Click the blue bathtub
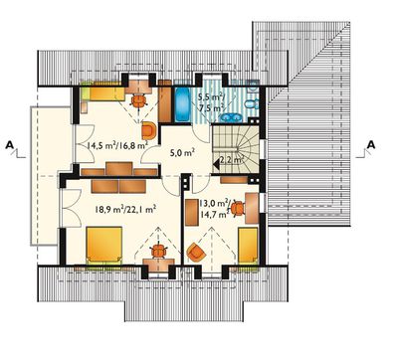(x=181, y=104)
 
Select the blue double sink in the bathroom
(x=232, y=117)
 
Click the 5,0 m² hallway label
(x=182, y=153)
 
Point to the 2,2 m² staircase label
(x=232, y=159)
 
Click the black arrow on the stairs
(x=217, y=163)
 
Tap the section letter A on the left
(x=10, y=144)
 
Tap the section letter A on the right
(x=371, y=144)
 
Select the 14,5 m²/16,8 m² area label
(x=117, y=145)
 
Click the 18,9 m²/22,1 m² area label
(x=125, y=209)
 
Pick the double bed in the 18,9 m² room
(x=104, y=245)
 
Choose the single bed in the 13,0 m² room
(x=248, y=247)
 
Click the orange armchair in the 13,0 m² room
(x=196, y=253)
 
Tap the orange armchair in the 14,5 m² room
(x=149, y=130)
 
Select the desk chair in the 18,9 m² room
(x=159, y=251)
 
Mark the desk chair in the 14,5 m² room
(x=139, y=100)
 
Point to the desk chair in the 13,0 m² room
(x=237, y=209)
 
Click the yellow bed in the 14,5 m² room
(x=102, y=91)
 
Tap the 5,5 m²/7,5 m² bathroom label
(x=211, y=102)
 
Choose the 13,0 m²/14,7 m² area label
(x=215, y=208)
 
